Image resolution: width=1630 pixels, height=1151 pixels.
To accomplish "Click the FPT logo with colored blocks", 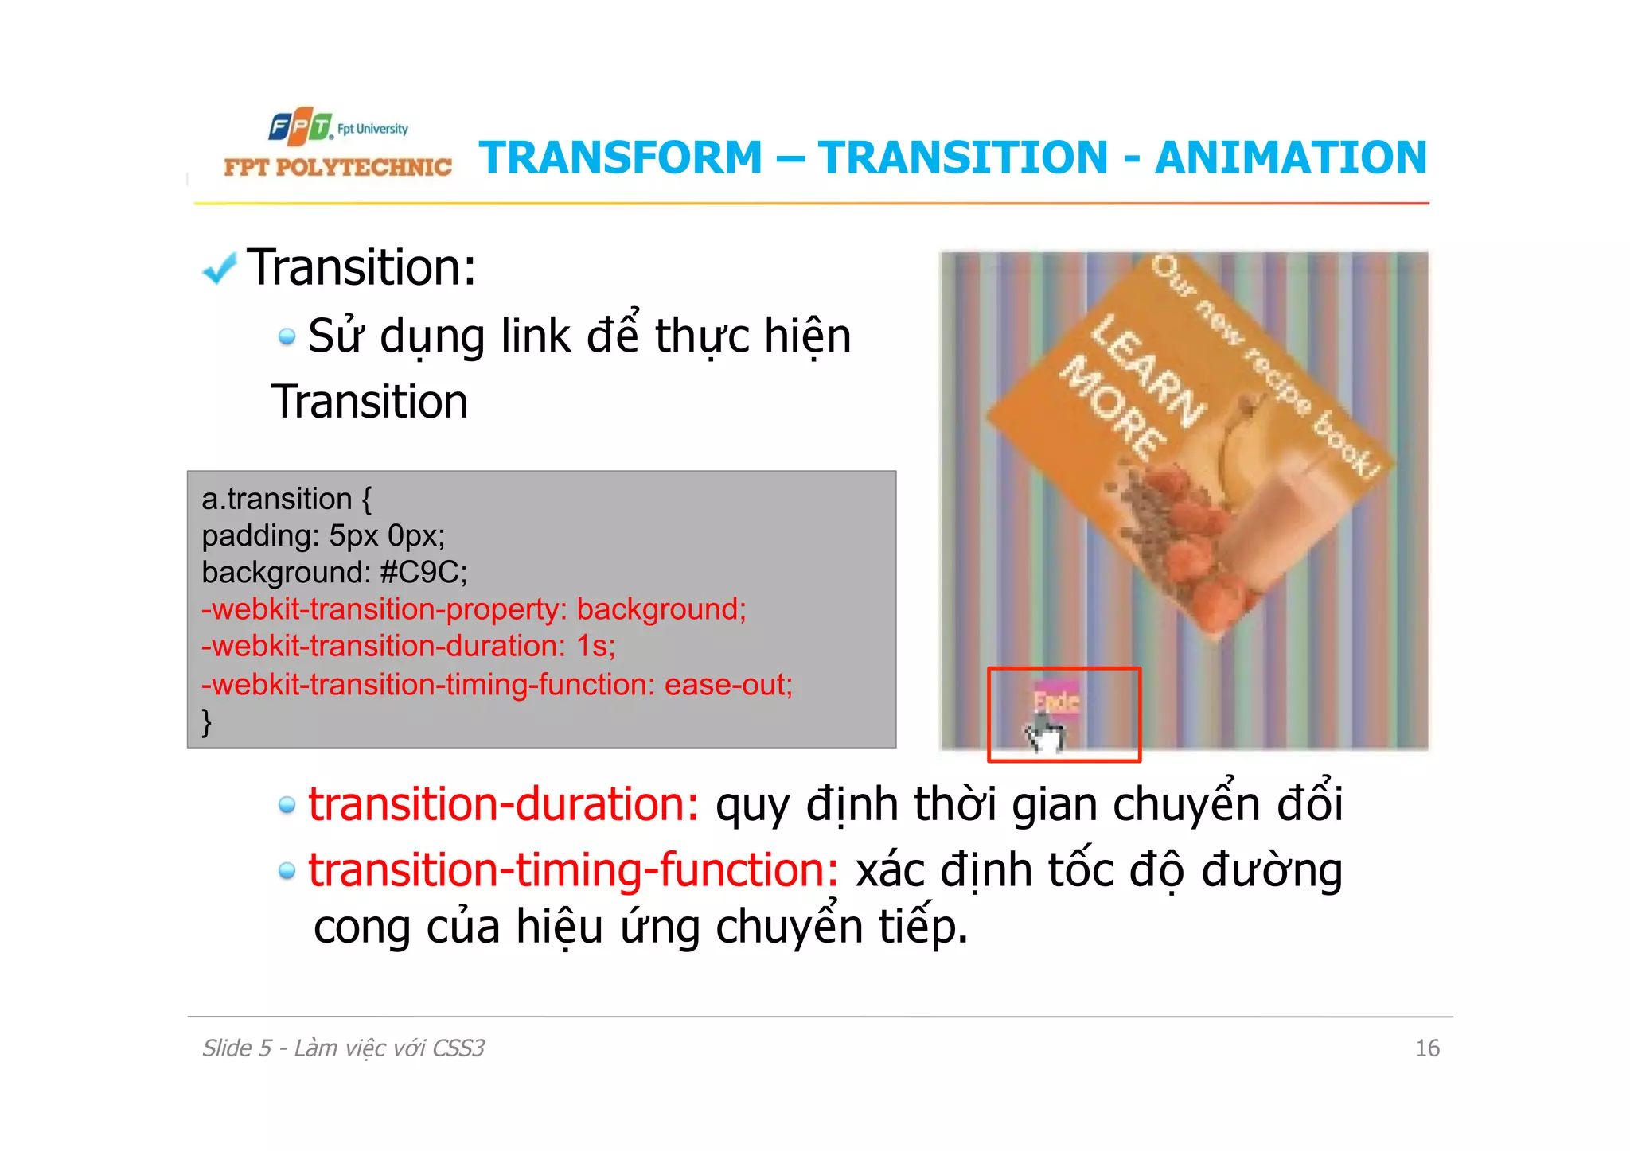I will [300, 126].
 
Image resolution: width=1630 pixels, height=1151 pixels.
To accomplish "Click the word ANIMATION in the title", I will [1290, 157].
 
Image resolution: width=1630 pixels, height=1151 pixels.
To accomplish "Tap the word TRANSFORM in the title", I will [621, 157].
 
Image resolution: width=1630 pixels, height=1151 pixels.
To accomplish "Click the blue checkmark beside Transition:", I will [220, 269].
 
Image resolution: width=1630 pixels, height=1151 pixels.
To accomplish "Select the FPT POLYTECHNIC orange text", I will [337, 167].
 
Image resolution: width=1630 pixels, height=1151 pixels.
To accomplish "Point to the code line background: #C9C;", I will [334, 572].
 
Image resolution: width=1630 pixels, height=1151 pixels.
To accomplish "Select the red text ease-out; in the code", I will [728, 684].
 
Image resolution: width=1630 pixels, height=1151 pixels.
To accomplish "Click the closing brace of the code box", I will [207, 721].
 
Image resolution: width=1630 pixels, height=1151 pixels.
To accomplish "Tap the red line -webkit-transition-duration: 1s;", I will [408, 646].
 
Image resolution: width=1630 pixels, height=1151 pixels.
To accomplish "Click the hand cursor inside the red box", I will [1043, 733].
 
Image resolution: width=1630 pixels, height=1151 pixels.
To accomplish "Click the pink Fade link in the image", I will [1056, 700].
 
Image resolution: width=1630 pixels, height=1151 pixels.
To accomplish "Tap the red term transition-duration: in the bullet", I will [503, 804].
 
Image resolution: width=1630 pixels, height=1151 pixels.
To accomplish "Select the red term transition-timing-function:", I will [573, 870].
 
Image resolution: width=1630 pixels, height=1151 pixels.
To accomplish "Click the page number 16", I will [1427, 1048].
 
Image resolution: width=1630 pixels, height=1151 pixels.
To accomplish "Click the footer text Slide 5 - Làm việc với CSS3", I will [343, 1048].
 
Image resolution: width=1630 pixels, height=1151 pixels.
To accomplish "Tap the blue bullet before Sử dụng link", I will [287, 337].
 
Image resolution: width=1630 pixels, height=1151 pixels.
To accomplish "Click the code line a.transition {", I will [286, 499].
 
